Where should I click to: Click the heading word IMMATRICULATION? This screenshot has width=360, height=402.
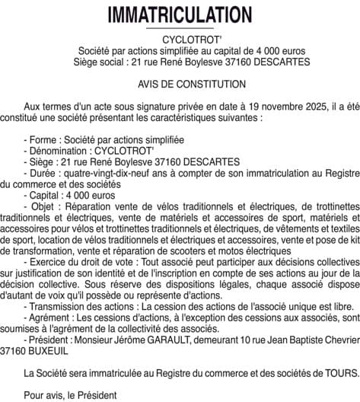(x=180, y=15)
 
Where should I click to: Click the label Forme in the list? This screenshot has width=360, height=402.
(x=44, y=140)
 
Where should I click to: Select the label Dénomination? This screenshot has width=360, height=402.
(x=59, y=151)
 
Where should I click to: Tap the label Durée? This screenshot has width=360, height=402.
(x=43, y=173)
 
